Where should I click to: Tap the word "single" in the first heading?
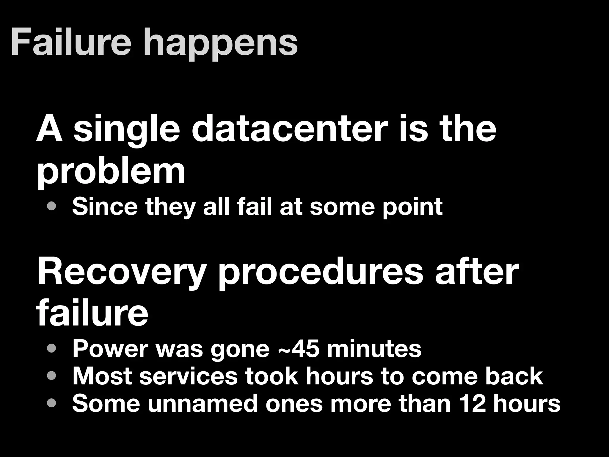click(x=127, y=131)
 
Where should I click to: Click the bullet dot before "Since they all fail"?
click(x=51, y=206)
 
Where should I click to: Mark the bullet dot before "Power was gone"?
click(x=51, y=348)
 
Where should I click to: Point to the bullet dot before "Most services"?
click(x=51, y=376)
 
